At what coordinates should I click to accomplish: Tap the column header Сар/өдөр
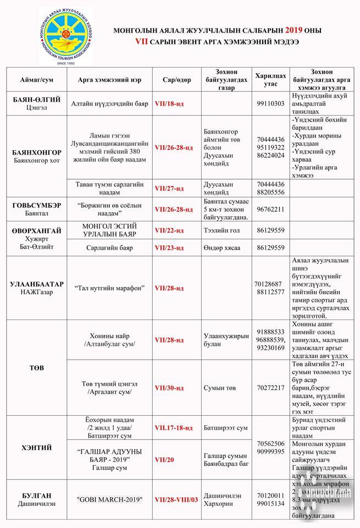(x=176, y=79)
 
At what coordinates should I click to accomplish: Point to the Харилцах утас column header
(x=270, y=79)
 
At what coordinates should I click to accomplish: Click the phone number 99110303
(x=270, y=103)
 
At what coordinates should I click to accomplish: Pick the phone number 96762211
(x=270, y=209)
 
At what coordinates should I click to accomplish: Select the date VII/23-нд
(x=169, y=248)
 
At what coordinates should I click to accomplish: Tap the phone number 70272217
(x=270, y=388)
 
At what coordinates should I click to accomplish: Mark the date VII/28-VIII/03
(x=176, y=499)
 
